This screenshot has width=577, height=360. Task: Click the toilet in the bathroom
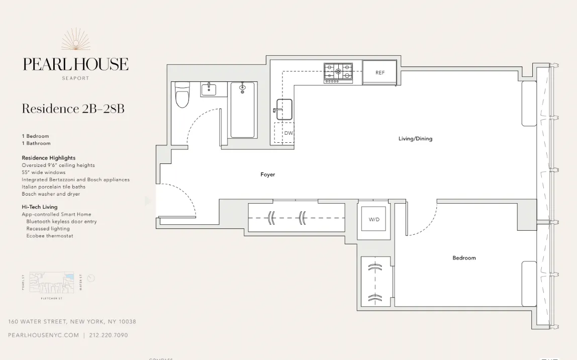[182, 95]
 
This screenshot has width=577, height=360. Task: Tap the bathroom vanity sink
[209, 90]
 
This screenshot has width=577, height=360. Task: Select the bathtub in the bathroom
[243, 110]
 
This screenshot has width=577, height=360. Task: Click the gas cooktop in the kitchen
[338, 72]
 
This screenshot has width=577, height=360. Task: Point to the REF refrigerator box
[380, 72]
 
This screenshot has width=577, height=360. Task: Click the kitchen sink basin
[284, 109]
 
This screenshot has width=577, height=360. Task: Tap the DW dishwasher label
[288, 133]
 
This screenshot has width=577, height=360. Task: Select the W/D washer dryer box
[374, 219]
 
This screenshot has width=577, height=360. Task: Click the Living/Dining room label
[415, 139]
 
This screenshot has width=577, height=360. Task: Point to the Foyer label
[267, 174]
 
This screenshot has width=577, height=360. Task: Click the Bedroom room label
[464, 258]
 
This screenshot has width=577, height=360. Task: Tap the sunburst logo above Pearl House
[76, 40]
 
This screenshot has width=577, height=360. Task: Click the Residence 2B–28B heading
[73, 109]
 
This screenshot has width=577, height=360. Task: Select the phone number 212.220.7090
[109, 335]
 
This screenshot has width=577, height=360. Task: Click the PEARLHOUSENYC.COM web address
[44, 335]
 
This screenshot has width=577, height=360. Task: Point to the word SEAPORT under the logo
[75, 78]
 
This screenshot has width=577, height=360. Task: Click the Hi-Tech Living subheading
[40, 207]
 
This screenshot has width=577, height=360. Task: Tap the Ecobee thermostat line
[50, 236]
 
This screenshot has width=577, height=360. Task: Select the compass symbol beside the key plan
[91, 278]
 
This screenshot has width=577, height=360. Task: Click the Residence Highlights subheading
[49, 158]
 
